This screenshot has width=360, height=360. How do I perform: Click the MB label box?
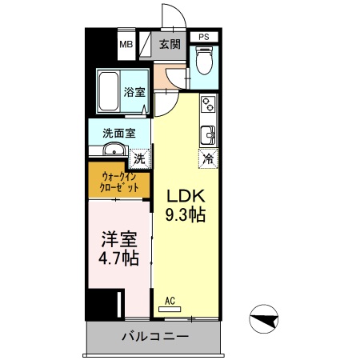[126, 44]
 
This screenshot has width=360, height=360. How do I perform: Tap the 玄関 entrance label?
[169, 44]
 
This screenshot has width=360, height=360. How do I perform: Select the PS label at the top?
[204, 37]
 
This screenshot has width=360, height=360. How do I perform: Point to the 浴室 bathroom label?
[134, 93]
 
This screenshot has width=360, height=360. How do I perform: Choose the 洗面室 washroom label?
[118, 134]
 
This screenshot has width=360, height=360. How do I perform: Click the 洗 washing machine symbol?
[141, 157]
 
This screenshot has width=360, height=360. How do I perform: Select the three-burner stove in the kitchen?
[208, 104]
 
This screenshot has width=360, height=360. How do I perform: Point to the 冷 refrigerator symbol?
[208, 158]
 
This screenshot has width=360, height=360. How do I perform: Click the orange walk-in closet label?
[119, 182]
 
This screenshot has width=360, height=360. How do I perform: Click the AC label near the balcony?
[169, 301]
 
